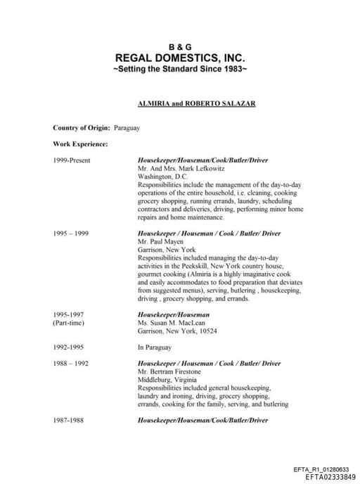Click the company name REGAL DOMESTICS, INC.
coord(180,58)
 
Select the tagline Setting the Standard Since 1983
coord(180,70)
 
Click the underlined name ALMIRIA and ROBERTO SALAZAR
coord(196,103)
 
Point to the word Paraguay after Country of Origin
coord(127,128)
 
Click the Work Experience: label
coord(80,144)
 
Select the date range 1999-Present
coord(72,160)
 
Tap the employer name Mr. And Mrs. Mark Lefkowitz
coord(175,169)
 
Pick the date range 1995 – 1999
coord(71,233)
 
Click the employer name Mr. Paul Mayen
coord(161,241)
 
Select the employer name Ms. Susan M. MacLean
coord(172,322)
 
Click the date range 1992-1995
coord(70,347)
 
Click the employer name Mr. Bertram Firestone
coord(169,371)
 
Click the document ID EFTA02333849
coord(326,477)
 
